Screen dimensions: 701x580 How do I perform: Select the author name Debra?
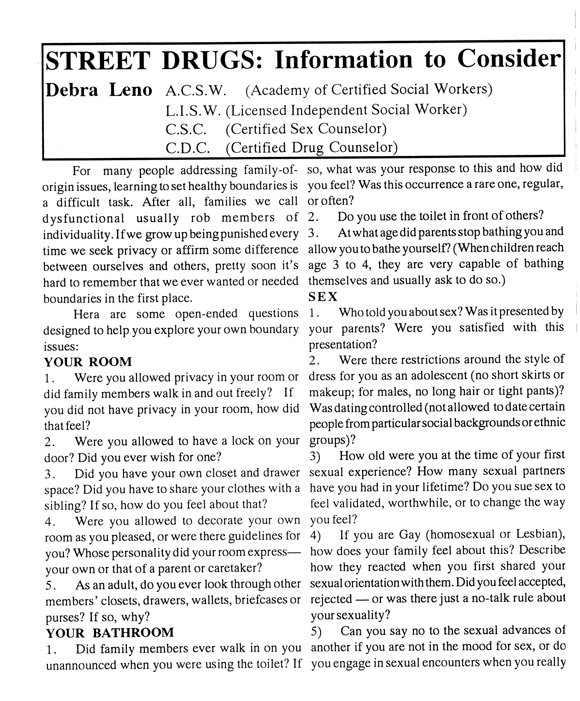coord(72,90)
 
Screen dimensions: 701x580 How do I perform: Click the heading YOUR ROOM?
coord(88,362)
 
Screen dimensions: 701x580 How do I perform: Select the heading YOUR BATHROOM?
coord(110,633)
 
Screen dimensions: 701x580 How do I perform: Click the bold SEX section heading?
coord(323,296)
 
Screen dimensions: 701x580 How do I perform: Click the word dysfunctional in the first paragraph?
coord(83,218)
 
